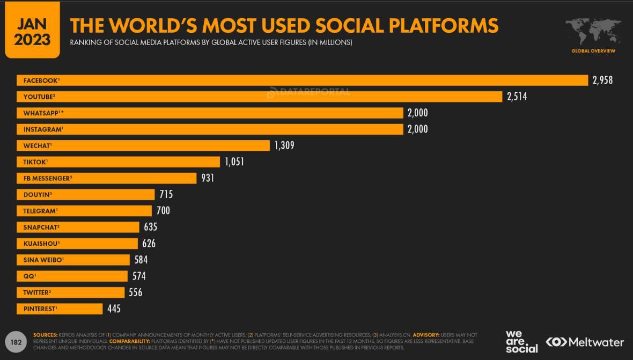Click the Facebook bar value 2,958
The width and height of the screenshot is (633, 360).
(x=602, y=80)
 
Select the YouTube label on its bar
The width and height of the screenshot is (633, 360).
(x=39, y=97)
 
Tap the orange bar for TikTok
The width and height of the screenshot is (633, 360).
(x=134, y=162)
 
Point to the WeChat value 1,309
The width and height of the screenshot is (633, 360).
(x=284, y=145)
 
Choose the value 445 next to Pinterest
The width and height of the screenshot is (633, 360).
(x=114, y=309)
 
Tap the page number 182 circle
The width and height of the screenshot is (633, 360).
(x=16, y=342)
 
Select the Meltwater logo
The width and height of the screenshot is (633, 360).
(x=585, y=342)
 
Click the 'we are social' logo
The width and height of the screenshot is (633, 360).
(x=521, y=342)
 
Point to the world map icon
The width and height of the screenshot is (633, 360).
(x=593, y=31)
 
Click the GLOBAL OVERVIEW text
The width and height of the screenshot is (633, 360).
(x=593, y=51)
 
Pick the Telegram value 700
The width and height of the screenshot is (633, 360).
(x=163, y=211)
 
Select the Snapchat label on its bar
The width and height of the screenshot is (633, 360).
(x=41, y=227)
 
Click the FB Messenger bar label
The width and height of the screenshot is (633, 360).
(x=47, y=178)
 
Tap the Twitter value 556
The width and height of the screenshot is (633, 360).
(x=135, y=292)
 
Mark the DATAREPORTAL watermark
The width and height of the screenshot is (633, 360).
(x=308, y=92)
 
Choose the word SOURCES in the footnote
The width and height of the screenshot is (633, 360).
(x=46, y=335)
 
